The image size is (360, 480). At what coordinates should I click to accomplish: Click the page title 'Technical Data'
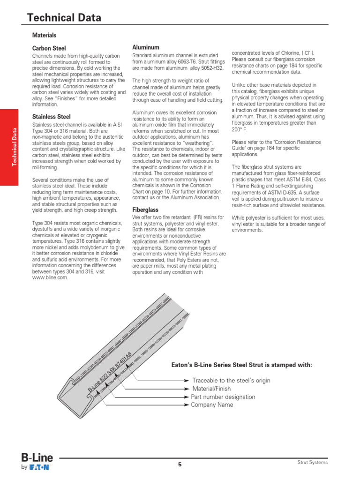(64, 18)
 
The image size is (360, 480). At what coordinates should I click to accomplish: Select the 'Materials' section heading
(44, 35)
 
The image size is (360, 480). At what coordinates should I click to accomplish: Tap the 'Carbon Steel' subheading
(49, 48)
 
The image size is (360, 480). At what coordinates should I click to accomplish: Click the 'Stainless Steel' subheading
(51, 116)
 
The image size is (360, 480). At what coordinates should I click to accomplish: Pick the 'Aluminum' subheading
(146, 47)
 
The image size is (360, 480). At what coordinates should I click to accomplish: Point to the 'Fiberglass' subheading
(145, 210)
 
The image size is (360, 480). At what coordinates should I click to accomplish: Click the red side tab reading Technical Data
(15, 147)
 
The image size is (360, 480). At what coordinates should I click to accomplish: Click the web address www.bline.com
(50, 277)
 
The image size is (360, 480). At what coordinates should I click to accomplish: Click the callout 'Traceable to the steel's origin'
(232, 381)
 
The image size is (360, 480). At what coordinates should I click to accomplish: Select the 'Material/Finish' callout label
(211, 389)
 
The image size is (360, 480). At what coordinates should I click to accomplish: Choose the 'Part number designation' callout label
(223, 397)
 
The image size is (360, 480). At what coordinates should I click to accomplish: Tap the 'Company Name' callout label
(212, 405)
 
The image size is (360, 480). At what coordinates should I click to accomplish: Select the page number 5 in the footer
(180, 464)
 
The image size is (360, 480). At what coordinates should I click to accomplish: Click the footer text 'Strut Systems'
(313, 463)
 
